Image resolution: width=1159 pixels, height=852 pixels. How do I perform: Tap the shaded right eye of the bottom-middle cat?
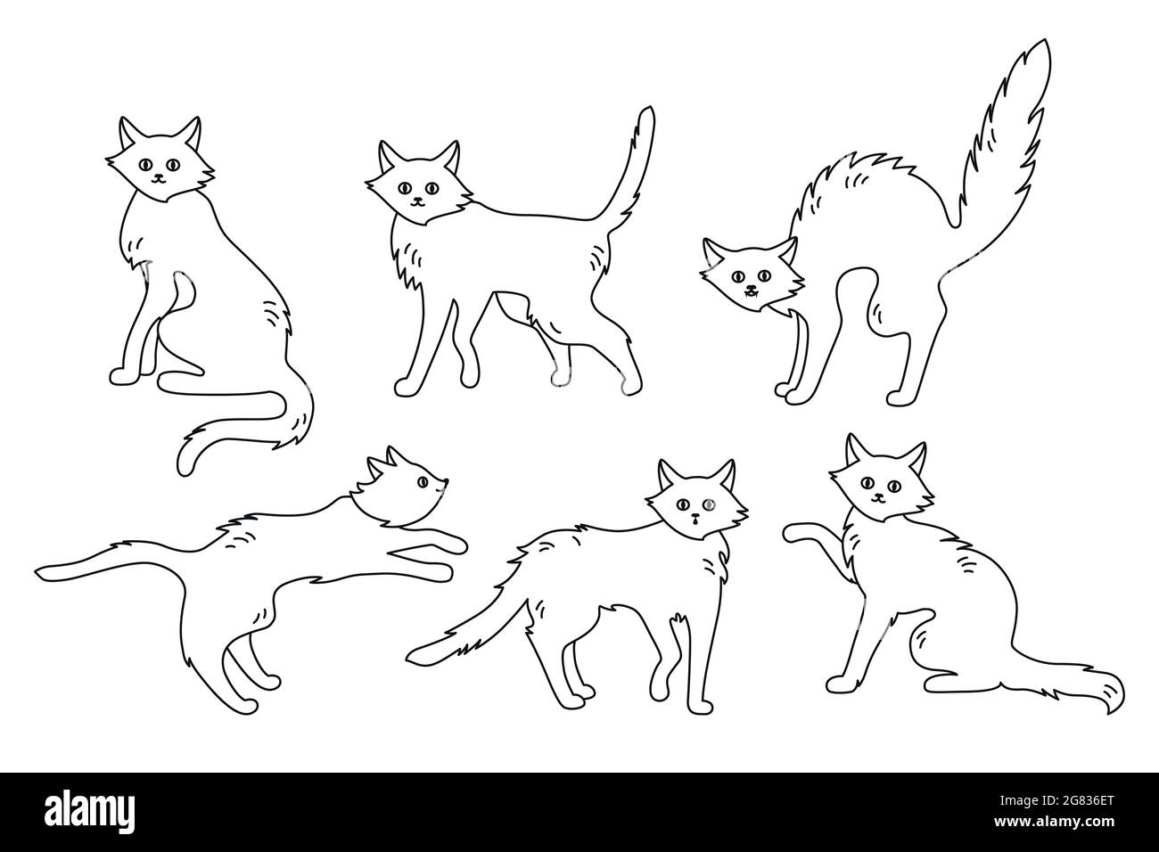click(708, 504)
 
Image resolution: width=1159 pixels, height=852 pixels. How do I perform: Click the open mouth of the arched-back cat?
click(750, 291)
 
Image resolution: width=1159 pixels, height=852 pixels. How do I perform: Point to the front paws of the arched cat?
click(788, 390)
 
